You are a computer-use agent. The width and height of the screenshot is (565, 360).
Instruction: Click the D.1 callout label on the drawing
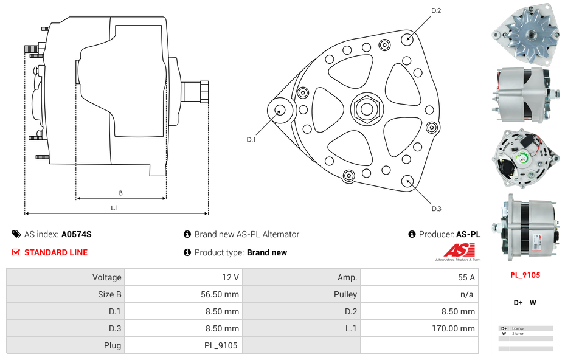[x=251, y=140]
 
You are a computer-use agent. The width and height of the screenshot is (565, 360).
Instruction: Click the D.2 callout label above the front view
[x=436, y=10]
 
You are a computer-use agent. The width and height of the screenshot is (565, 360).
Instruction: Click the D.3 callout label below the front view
[x=436, y=209]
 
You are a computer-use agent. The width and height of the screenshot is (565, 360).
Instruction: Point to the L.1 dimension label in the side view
[x=114, y=207]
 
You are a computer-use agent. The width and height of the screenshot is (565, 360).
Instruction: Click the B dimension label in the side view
[x=120, y=193]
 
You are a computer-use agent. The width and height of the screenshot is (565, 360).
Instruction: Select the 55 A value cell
[x=466, y=277]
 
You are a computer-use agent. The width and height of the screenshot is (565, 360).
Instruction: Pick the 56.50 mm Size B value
[x=220, y=294]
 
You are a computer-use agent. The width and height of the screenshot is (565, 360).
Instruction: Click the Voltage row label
[x=106, y=277]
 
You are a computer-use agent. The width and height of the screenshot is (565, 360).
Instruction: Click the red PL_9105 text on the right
[x=525, y=275]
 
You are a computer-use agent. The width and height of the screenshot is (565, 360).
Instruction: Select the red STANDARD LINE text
[x=56, y=252]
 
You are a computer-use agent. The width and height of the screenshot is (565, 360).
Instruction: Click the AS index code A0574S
[x=76, y=234]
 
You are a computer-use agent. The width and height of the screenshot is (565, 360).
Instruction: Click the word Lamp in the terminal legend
[x=518, y=328]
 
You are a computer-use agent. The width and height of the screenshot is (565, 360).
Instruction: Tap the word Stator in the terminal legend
[x=518, y=334]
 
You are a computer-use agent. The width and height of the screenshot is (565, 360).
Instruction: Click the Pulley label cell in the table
[x=345, y=294]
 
